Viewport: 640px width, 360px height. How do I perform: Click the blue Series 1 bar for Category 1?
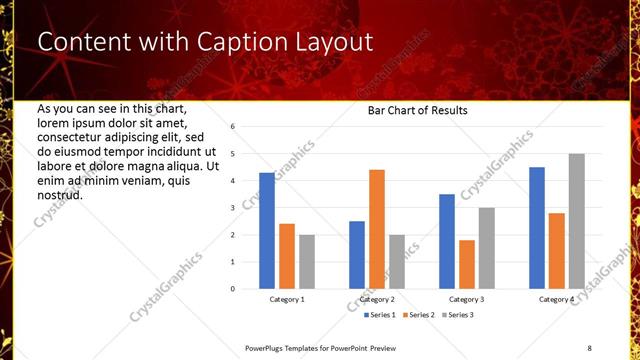266,231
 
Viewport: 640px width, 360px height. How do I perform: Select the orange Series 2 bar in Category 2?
376,229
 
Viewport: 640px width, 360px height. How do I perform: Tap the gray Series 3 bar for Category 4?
577,221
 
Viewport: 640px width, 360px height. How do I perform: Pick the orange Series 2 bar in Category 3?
466,264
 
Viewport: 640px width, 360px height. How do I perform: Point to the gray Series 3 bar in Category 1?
306,262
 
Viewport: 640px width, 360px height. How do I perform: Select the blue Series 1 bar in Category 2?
356,255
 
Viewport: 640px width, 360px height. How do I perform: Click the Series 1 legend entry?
379,315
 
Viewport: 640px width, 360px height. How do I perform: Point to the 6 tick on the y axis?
232,127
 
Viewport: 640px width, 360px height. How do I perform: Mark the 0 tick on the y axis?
232,289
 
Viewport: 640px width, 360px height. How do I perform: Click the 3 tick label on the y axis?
232,208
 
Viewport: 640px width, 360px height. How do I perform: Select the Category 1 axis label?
287,299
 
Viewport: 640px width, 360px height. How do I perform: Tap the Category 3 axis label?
466,299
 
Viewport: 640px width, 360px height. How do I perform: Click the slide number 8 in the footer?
589,347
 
